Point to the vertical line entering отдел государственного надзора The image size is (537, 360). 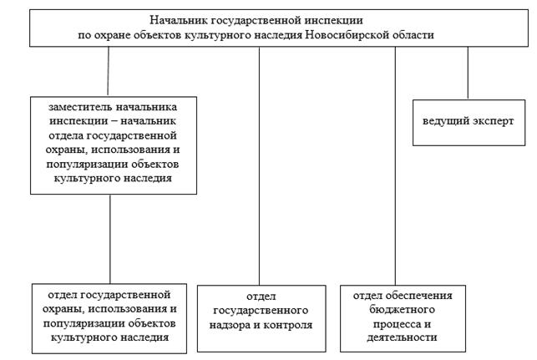tap(259, 167)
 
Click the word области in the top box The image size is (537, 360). tap(412, 34)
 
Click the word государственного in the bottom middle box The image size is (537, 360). tap(259, 310)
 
